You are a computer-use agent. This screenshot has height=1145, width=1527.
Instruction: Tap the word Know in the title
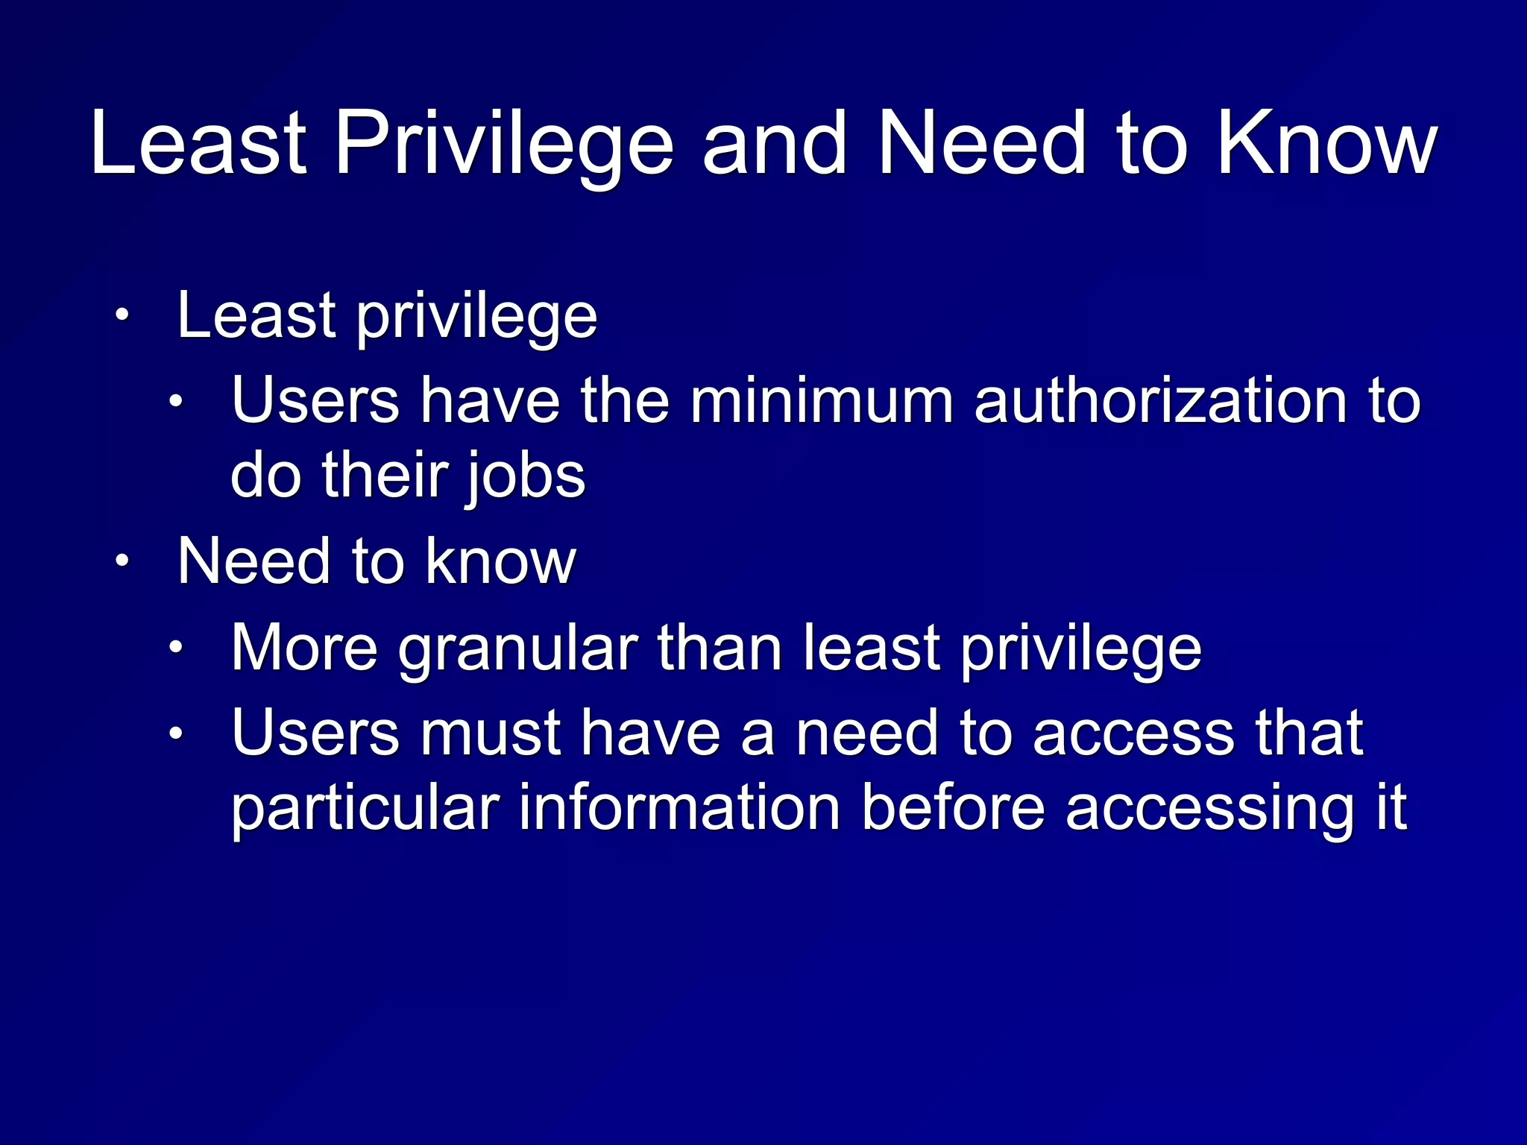pyautogui.click(x=1326, y=145)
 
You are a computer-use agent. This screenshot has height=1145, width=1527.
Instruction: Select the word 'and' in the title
pyautogui.click(x=775, y=145)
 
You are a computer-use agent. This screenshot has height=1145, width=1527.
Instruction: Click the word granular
pyautogui.click(x=518, y=649)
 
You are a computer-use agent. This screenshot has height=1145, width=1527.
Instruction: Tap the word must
pyautogui.click(x=491, y=734)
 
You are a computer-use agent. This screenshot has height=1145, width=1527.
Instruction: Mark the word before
pyautogui.click(x=953, y=808)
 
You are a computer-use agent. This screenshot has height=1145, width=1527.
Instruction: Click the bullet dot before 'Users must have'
pyautogui.click(x=175, y=734)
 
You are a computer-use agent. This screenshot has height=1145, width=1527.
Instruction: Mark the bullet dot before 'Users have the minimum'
pyautogui.click(x=175, y=403)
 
